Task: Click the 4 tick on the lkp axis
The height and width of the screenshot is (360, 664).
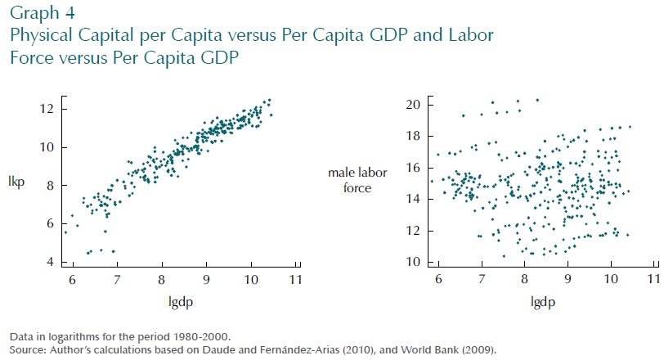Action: click(49, 262)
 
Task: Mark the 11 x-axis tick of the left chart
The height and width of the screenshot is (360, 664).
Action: click(294, 280)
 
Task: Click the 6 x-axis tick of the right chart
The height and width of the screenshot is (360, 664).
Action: click(439, 280)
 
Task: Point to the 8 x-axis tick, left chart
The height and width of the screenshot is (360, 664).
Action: click(162, 280)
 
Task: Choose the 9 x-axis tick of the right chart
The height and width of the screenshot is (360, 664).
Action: click(568, 280)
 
